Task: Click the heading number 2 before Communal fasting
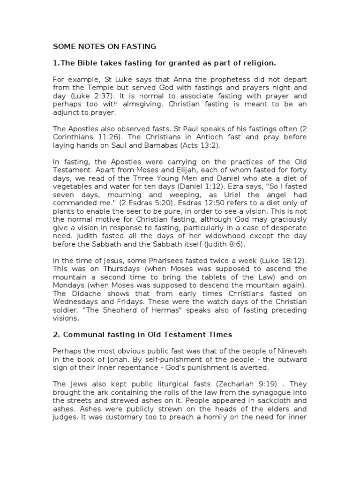pyautogui.click(x=54, y=334)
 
